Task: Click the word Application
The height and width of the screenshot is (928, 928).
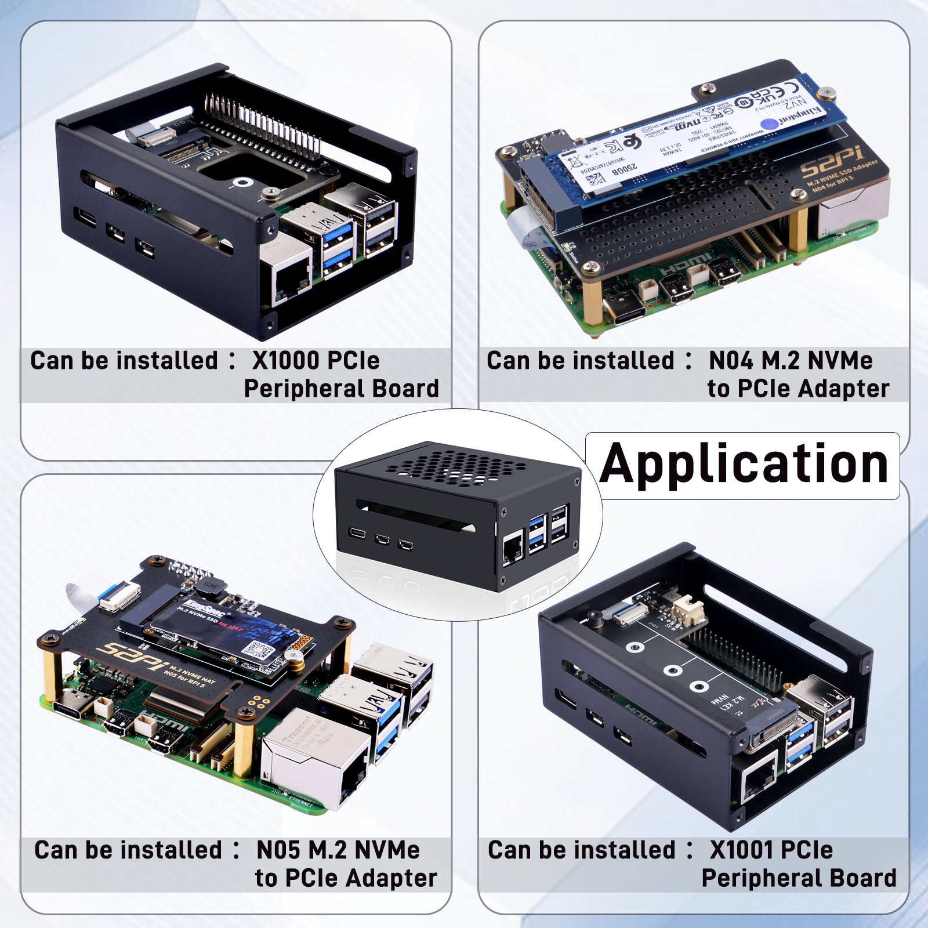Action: coord(744,465)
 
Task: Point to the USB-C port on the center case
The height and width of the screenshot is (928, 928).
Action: coord(357,532)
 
